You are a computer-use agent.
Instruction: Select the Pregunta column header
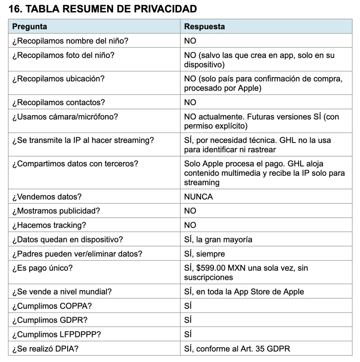30,26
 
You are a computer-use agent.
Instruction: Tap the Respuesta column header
204,26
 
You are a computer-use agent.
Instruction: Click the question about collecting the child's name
70,41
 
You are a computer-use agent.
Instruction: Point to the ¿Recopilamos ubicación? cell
58,79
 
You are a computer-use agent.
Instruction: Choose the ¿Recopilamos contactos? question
58,102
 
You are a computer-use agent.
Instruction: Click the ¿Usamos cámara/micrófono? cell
65,117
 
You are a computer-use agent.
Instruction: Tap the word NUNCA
198,197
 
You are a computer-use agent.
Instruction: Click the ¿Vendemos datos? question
47,197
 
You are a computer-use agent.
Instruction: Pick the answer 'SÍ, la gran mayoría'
218,239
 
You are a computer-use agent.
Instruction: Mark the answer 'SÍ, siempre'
204,254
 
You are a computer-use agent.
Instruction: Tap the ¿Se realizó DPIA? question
45,349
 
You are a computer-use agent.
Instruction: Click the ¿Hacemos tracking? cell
49,225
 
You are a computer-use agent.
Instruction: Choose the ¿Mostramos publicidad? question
56,211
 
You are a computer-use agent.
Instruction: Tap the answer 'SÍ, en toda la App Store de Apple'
244,292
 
